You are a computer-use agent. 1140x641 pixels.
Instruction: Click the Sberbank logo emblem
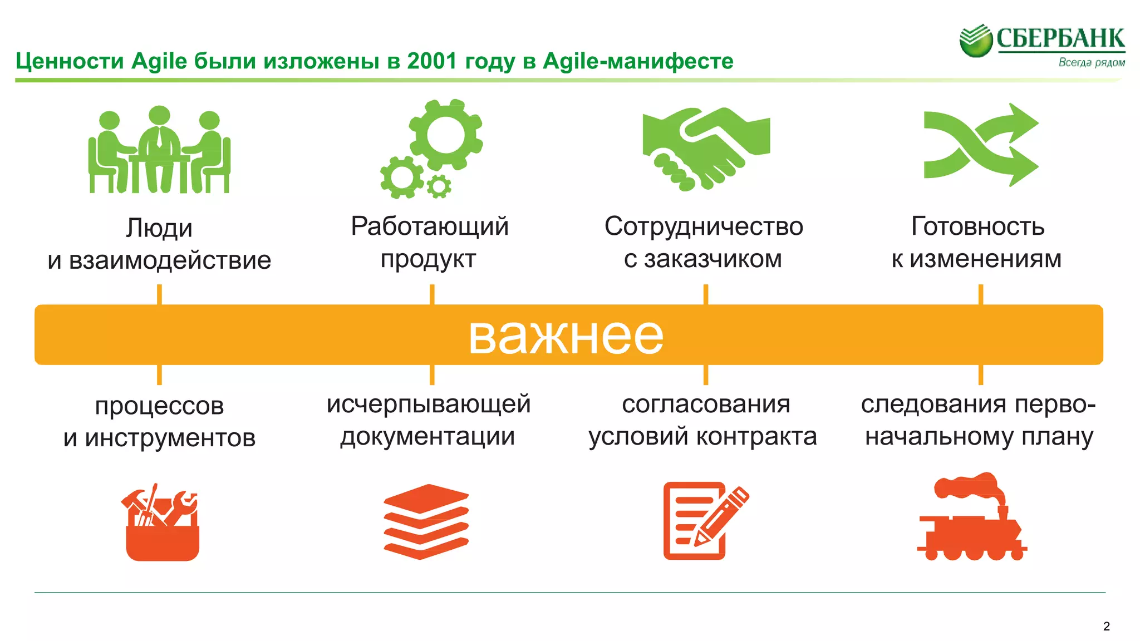coord(976,40)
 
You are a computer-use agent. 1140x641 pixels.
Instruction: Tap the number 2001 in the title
coord(432,61)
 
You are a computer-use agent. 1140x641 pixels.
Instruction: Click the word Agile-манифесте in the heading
coord(638,61)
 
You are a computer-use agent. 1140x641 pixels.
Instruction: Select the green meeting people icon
coord(159,150)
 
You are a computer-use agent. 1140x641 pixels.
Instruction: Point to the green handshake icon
coord(706,148)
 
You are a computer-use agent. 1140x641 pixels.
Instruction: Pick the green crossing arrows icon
coord(980,145)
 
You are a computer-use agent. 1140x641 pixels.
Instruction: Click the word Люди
coord(159,228)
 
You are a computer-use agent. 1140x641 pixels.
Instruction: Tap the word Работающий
coord(430,226)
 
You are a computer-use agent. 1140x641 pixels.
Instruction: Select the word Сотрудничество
coord(704,226)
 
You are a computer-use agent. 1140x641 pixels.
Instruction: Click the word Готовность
coord(977,226)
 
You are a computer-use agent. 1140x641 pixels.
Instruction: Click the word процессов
coord(159,406)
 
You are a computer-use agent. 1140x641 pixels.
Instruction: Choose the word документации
coord(427,436)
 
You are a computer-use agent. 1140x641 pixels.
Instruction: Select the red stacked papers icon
coord(426,521)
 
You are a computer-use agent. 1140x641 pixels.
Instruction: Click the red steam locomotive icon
coord(972,517)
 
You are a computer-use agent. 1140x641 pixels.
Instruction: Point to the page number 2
coord(1106,627)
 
